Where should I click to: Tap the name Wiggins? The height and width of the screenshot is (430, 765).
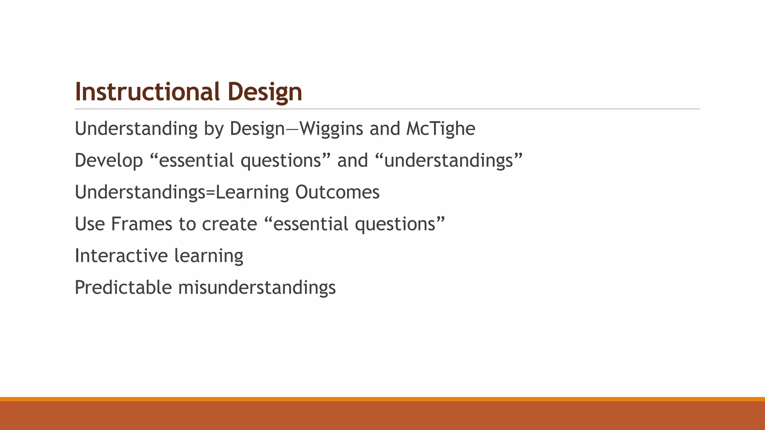331,129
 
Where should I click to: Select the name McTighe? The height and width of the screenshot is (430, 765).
440,129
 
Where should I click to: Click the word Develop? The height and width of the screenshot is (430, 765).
109,161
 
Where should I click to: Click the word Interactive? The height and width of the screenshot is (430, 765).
121,256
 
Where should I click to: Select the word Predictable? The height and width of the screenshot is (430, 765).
123,288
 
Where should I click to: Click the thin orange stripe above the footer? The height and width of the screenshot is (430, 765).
382,399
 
